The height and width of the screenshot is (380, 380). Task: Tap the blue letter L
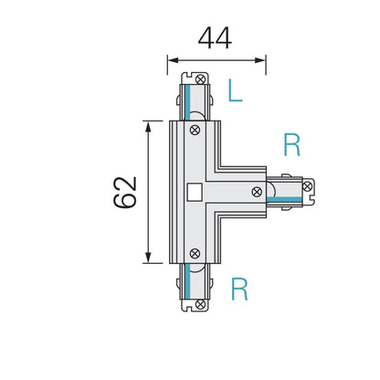point(235,90)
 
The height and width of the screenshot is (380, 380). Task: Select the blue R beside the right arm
point(291,144)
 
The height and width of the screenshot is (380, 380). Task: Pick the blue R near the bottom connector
point(239,290)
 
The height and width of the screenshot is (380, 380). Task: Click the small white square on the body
point(194,192)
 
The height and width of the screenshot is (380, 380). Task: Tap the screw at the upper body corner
point(195,131)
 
